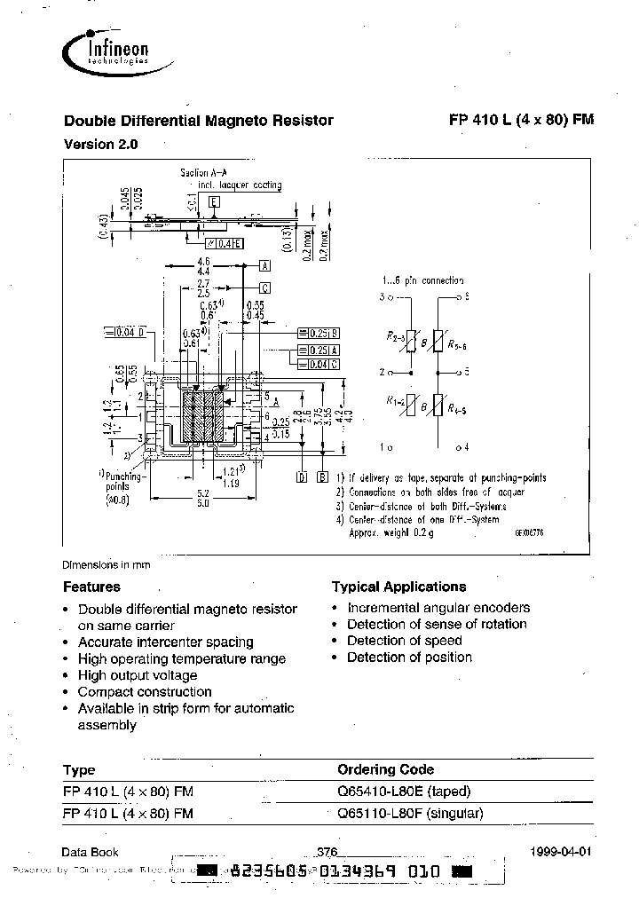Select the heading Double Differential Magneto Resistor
[198, 121]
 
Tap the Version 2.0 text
[101, 144]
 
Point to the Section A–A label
[205, 173]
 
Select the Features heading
[91, 587]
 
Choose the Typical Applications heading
[398, 587]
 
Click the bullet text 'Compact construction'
[145, 691]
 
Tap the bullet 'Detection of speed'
[404, 641]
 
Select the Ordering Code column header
[386, 769]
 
